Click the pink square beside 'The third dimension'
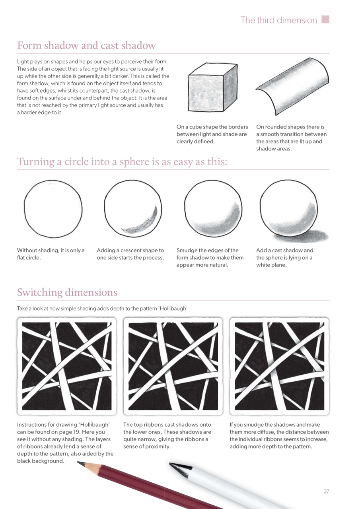pyautogui.click(x=325, y=19)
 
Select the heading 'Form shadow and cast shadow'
pyautogui.click(x=86, y=45)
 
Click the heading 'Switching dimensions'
pyautogui.click(x=67, y=292)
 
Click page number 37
pyautogui.click(x=326, y=491)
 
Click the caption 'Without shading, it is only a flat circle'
pyautogui.click(x=51, y=254)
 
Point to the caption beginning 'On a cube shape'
pyautogui.click(x=212, y=134)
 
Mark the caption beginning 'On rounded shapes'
pyautogui.click(x=292, y=138)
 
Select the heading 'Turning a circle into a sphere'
pyautogui.click(x=122, y=162)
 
